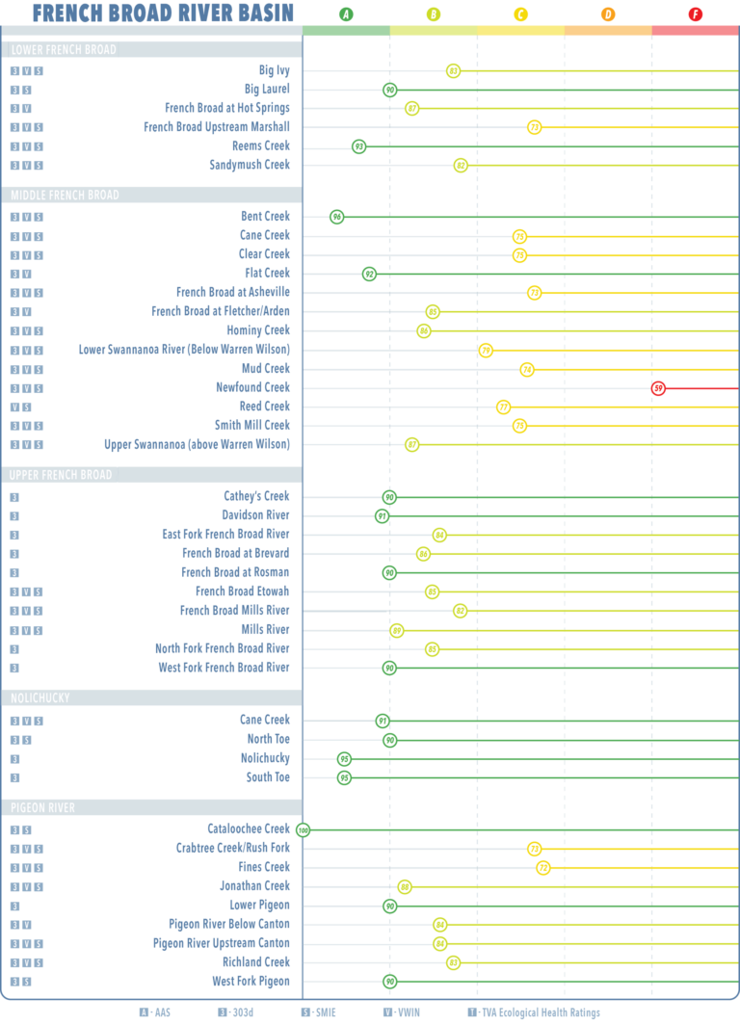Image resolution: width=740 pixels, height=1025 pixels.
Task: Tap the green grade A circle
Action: pyautogui.click(x=346, y=14)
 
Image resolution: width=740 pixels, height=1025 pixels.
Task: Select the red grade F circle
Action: pyautogui.click(x=695, y=14)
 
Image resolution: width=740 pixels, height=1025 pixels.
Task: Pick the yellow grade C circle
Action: pyautogui.click(x=520, y=14)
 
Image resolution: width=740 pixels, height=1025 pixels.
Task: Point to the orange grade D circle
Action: pyautogui.click(x=608, y=14)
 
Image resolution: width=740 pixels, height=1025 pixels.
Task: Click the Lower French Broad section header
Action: pyautogui.click(x=64, y=50)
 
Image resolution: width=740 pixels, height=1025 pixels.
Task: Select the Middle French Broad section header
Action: pyautogui.click(x=65, y=196)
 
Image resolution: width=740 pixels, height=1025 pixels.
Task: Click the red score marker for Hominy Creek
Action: pyautogui.click(x=659, y=388)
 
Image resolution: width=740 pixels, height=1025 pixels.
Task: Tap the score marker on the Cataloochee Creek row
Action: pyautogui.click(x=304, y=829)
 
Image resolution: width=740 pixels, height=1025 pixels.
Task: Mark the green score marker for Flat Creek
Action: pyautogui.click(x=369, y=274)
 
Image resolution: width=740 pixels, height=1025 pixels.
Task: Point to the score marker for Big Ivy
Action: pyautogui.click(x=454, y=70)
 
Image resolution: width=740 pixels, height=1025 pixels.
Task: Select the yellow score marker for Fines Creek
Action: pyautogui.click(x=543, y=868)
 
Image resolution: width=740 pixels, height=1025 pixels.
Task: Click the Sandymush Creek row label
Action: pyautogui.click(x=250, y=165)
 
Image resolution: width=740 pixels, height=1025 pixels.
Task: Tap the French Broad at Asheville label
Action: pyautogui.click(x=232, y=292)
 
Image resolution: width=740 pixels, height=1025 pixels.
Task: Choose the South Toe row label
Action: pyautogui.click(x=268, y=776)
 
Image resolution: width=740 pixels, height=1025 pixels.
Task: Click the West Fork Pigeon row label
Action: pyautogui.click(x=251, y=981)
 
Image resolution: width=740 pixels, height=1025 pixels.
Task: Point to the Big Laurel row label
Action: pyautogui.click(x=267, y=89)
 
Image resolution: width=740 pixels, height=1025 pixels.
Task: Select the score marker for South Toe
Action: pyautogui.click(x=344, y=777)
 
